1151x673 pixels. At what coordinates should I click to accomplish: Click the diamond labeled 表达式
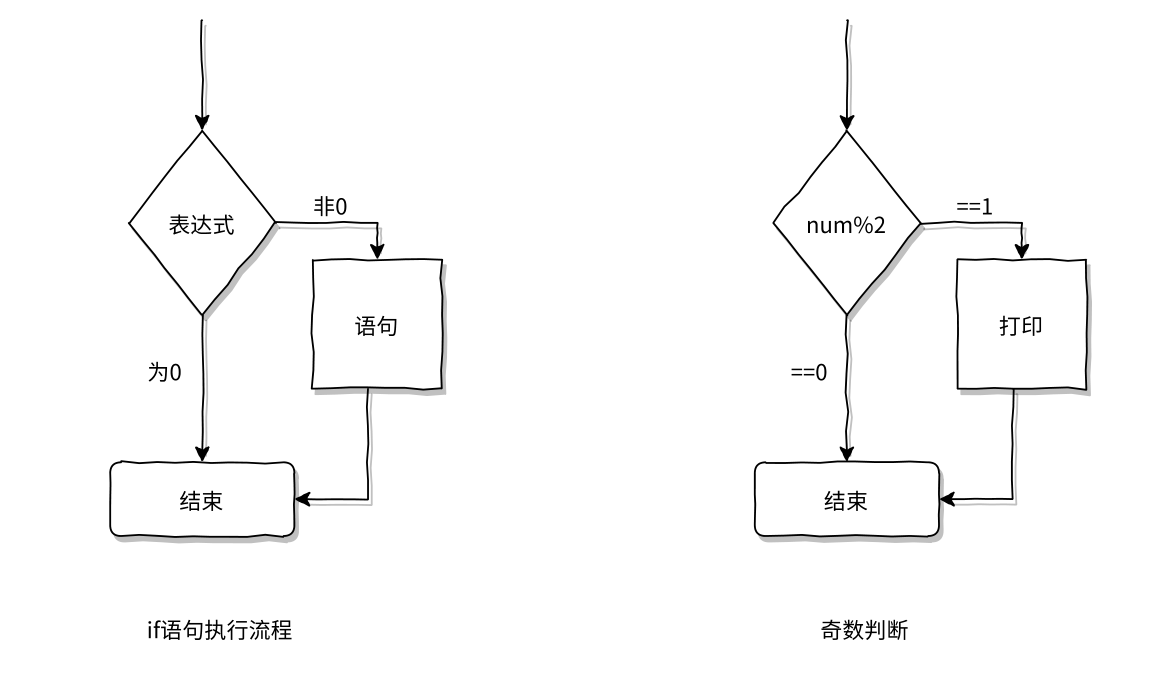(x=202, y=224)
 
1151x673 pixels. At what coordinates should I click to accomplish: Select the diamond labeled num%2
(x=846, y=224)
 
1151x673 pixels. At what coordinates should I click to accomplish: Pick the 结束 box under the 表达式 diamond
(x=202, y=499)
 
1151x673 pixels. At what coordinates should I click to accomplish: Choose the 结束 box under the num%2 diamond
(x=846, y=499)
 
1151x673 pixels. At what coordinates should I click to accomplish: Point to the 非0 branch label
(x=330, y=207)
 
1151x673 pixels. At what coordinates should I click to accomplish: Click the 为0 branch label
(x=165, y=373)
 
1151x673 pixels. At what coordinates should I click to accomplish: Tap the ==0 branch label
(x=809, y=373)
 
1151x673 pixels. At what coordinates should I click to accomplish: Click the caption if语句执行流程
(x=220, y=630)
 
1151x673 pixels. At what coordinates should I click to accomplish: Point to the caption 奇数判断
(x=864, y=630)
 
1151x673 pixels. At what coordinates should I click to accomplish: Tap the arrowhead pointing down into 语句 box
(x=377, y=253)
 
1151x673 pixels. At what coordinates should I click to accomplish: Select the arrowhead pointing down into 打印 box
(x=1021, y=253)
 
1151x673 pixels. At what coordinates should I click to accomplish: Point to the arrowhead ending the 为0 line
(x=202, y=455)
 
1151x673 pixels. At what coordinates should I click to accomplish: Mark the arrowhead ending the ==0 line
(x=846, y=455)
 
